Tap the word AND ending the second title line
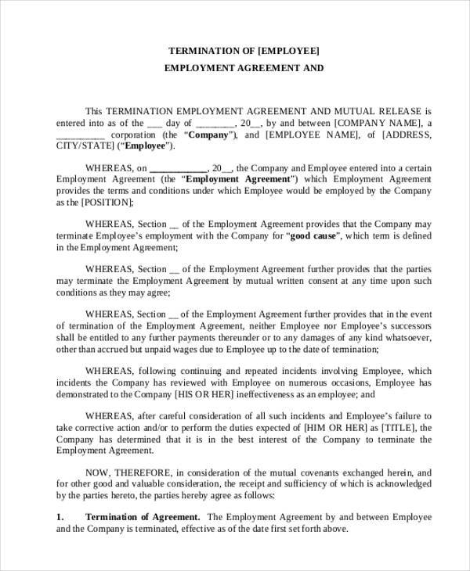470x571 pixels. tap(311, 68)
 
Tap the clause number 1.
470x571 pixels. tap(60, 517)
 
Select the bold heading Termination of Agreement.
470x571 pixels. tap(142, 517)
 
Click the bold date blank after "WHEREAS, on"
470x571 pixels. tap(178, 167)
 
